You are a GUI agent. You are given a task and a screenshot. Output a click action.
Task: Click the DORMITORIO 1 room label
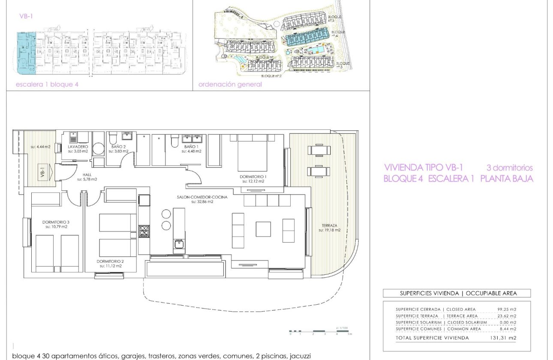[x=254, y=177]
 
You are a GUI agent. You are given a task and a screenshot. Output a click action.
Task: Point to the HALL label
[x=87, y=175]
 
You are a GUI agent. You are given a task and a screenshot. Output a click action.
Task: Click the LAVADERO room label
[x=78, y=147]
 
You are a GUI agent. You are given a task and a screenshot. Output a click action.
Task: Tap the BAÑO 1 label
[x=191, y=147]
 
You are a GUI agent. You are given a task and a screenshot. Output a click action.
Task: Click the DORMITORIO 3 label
[x=55, y=222]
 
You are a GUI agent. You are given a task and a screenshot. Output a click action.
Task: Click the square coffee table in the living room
[x=263, y=229]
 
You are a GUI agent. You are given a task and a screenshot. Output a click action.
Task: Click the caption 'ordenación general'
[x=230, y=84]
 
